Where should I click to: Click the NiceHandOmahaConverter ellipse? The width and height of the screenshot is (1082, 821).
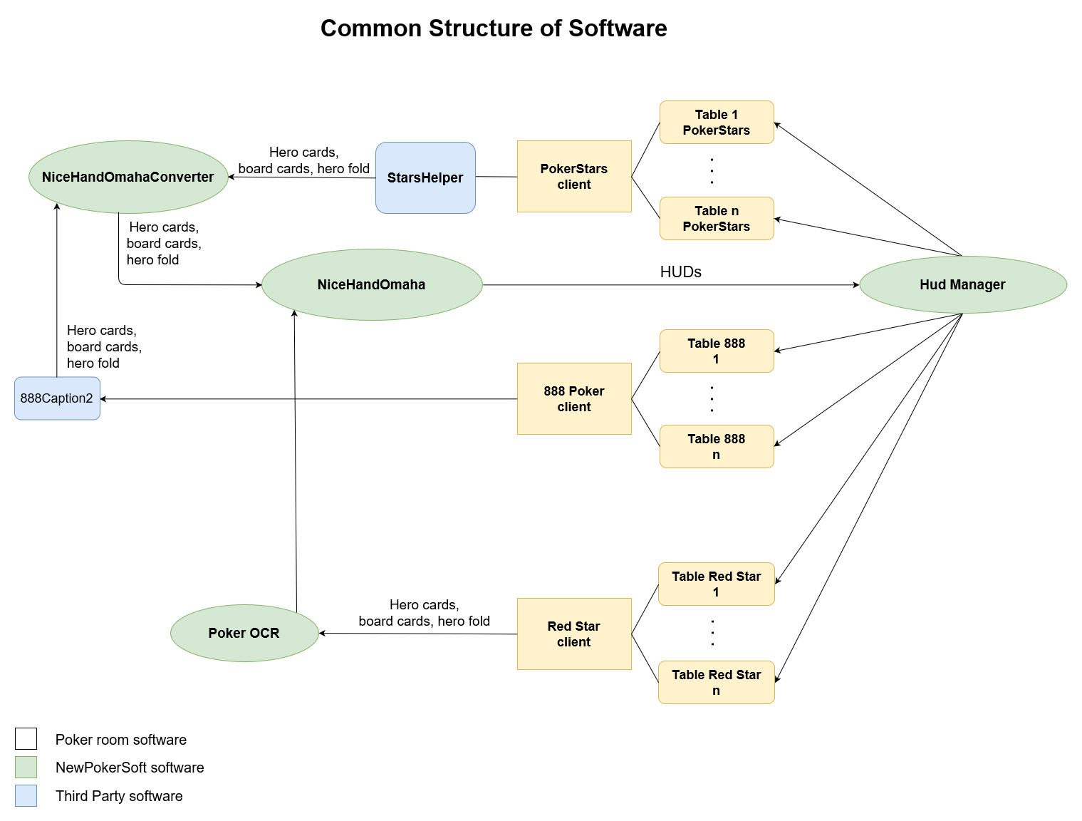[128, 177]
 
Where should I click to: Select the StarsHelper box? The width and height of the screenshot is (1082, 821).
[425, 177]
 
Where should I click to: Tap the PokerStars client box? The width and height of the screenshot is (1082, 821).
[574, 176]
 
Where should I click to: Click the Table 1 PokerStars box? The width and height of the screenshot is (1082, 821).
[717, 123]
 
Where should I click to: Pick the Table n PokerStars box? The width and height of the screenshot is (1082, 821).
[717, 218]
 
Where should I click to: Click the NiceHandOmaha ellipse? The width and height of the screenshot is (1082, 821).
[372, 284]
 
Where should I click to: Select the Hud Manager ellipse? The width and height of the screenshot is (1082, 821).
[962, 284]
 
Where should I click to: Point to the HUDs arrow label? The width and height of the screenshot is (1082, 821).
[680, 272]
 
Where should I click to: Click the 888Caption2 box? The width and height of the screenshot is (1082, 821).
[57, 398]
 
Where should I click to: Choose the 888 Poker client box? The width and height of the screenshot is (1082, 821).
[574, 398]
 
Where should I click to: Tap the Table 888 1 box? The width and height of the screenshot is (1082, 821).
[717, 351]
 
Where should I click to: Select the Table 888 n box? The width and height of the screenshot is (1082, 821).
[717, 446]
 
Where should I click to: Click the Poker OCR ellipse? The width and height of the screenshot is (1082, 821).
[244, 633]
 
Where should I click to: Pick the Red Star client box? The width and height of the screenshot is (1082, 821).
[574, 634]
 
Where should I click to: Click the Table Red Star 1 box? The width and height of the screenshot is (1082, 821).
[717, 584]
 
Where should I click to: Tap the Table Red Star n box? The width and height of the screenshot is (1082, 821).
[717, 682]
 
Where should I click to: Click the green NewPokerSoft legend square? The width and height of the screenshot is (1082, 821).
[26, 767]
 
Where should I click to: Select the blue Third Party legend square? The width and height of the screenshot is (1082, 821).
[26, 795]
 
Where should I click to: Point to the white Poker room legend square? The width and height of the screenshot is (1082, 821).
[26, 739]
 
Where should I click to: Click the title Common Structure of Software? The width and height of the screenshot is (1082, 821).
[494, 29]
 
